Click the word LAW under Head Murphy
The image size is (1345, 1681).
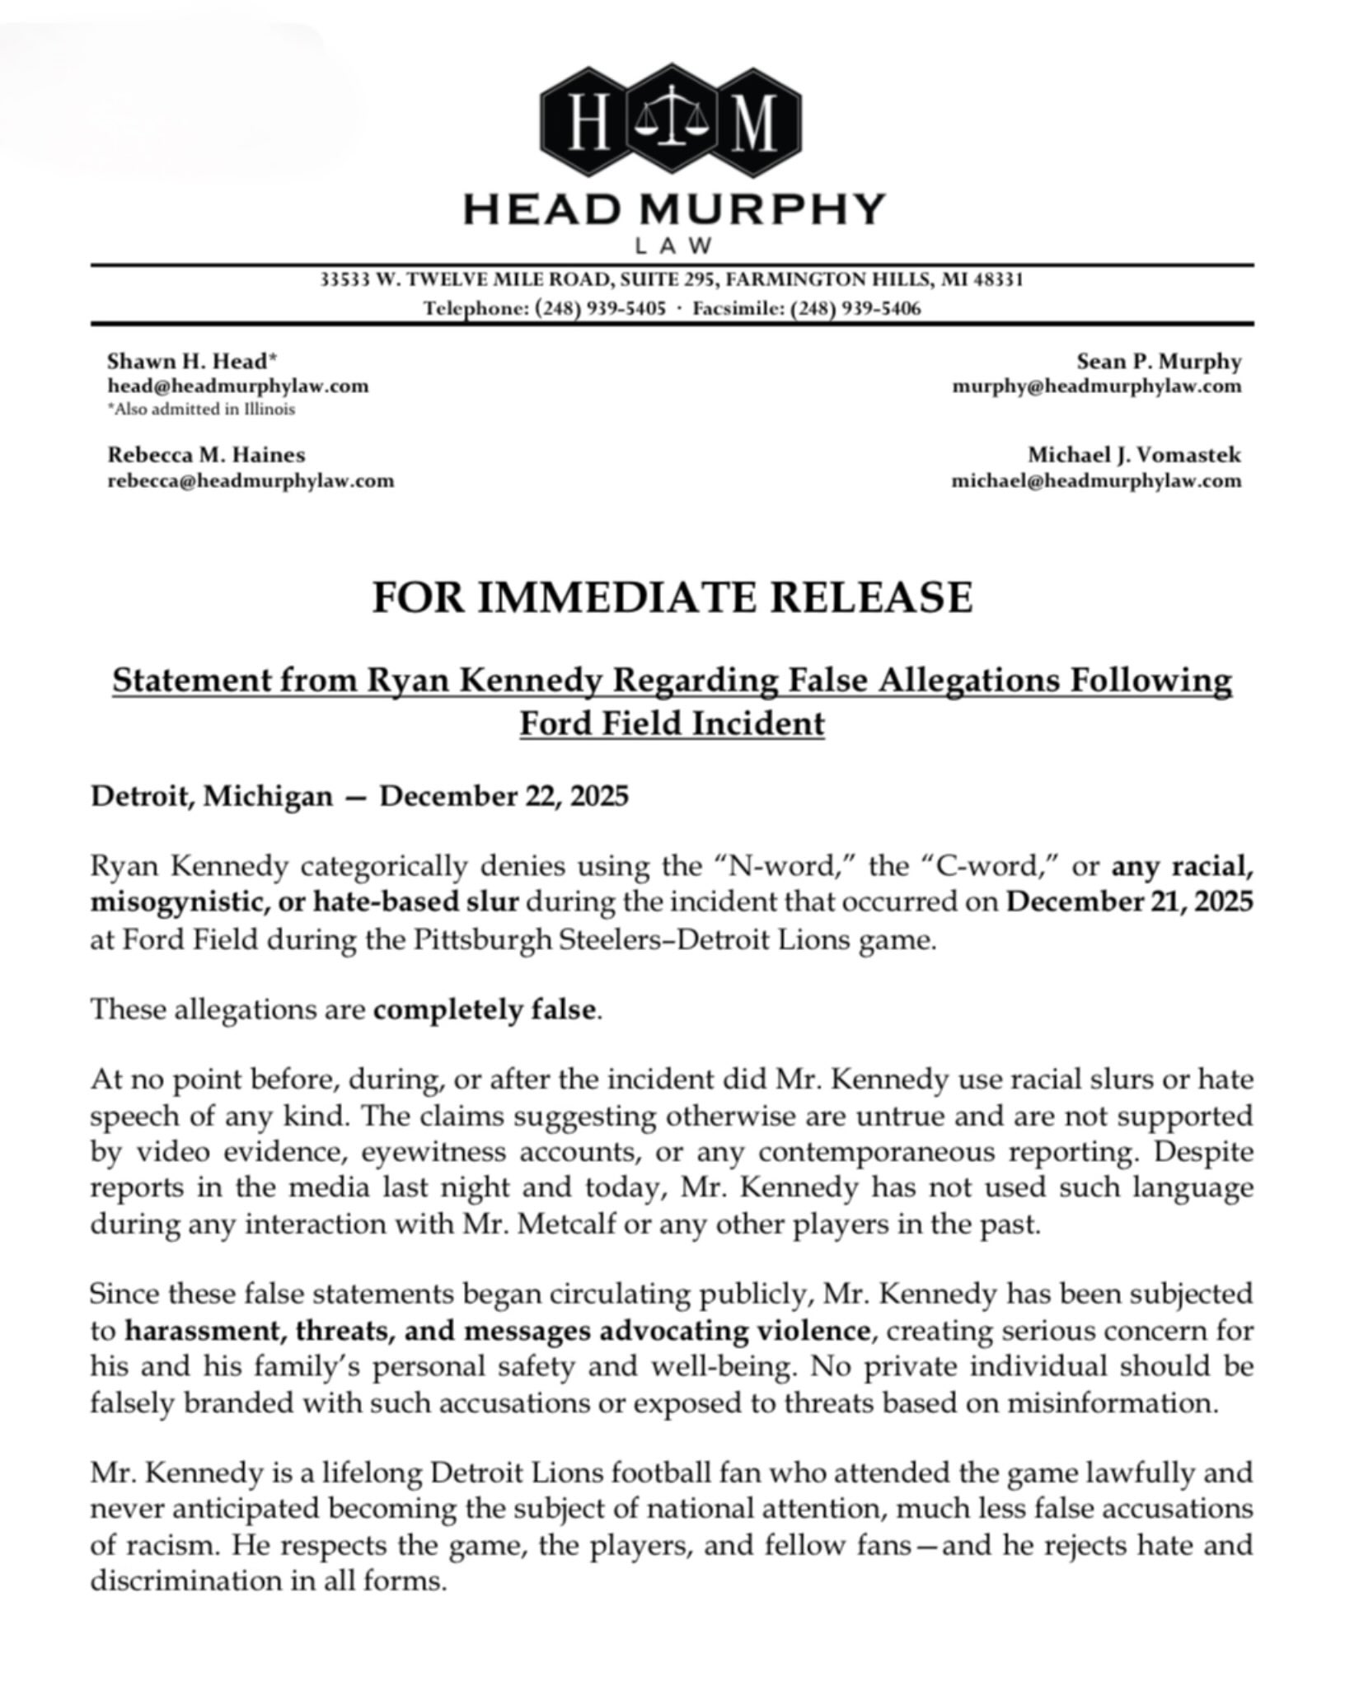(672, 246)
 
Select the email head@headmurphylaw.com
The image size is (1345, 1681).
(238, 386)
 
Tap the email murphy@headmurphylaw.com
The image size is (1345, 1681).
(1096, 386)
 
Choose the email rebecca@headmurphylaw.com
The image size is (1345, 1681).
(251, 480)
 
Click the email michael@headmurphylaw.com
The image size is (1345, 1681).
(1096, 480)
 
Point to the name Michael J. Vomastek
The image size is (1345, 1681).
(1133, 455)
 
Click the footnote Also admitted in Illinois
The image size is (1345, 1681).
(202, 410)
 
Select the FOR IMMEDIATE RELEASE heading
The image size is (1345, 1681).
(672, 597)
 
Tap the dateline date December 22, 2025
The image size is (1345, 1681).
(504, 797)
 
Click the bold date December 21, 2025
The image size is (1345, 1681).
(1130, 901)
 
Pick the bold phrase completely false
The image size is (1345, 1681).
(485, 1009)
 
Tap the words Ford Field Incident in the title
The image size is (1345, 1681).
(672, 723)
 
